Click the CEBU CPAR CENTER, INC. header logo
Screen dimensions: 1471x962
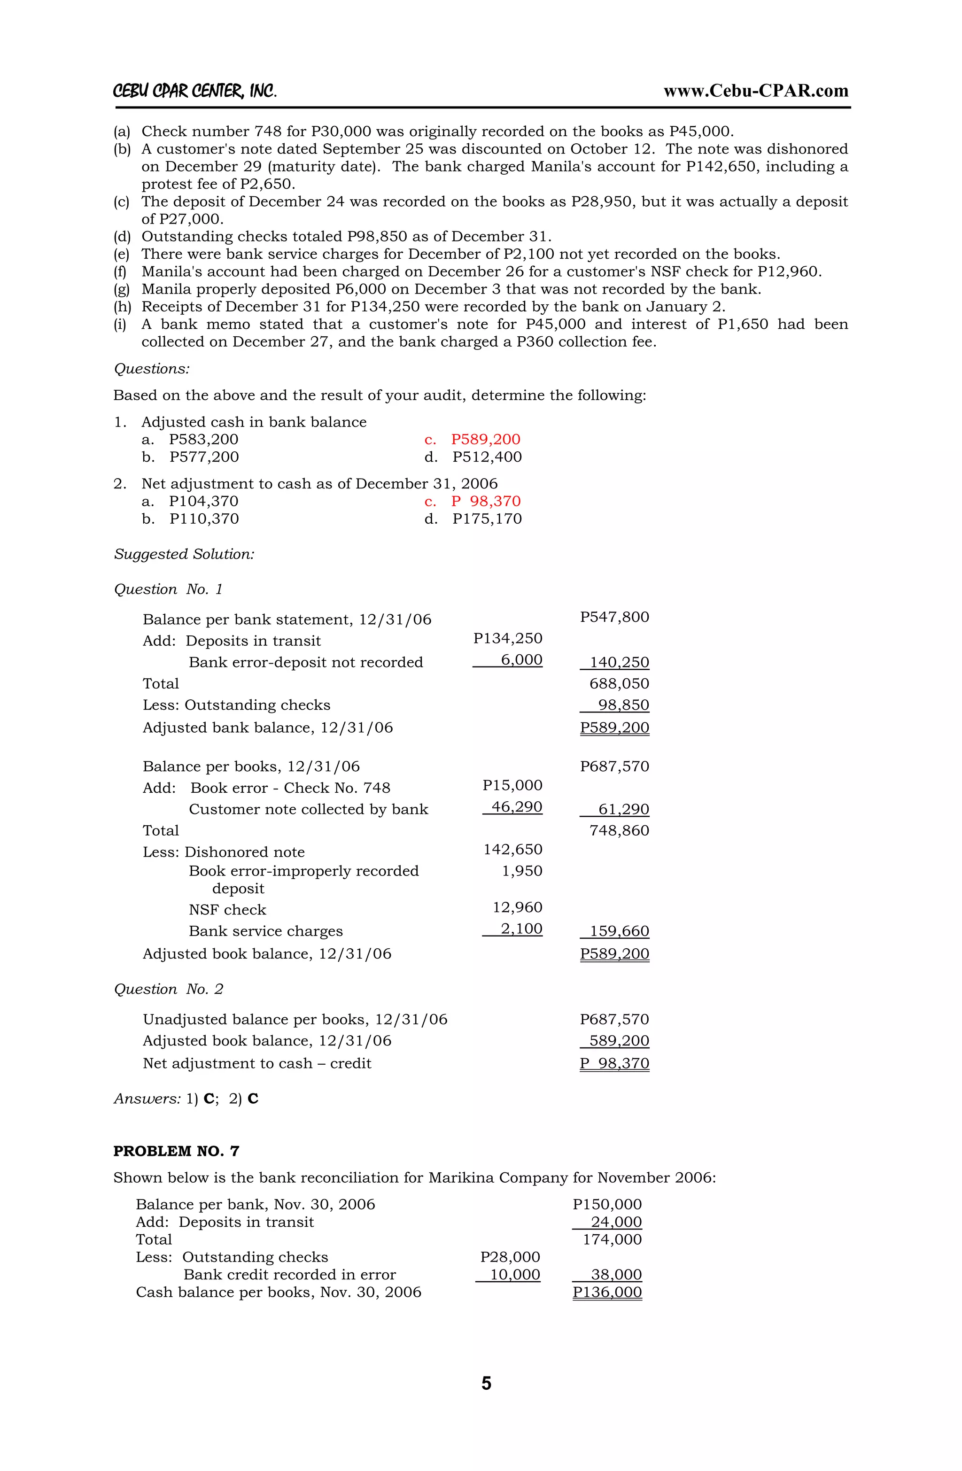coord(195,92)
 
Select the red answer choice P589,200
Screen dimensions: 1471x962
coord(485,440)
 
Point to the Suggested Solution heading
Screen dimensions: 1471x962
coord(184,554)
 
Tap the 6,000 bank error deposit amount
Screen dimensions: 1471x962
coord(521,659)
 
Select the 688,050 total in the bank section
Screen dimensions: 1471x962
coord(619,683)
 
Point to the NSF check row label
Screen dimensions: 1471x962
coord(227,909)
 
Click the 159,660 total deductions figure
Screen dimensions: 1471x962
coord(619,931)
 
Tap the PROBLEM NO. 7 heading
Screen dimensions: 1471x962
coord(176,1151)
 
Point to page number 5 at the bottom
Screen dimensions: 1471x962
coord(486,1383)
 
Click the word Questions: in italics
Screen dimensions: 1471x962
coord(151,369)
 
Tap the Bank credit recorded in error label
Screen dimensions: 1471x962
coord(289,1275)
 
